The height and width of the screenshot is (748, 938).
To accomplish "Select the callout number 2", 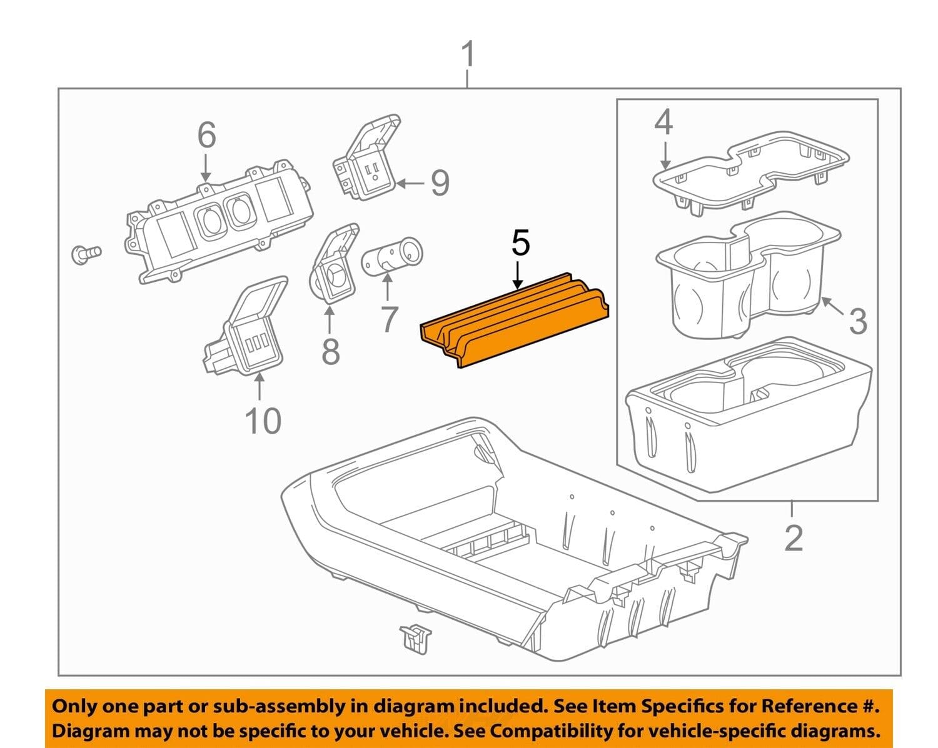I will coord(793,537).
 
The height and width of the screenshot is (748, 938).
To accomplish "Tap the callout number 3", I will coord(858,321).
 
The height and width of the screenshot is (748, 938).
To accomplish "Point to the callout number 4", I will coord(663,123).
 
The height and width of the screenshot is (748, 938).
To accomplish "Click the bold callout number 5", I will coord(520,243).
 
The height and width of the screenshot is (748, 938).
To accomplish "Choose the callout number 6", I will coord(206,136).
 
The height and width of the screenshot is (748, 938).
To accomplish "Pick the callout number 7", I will coord(388,319).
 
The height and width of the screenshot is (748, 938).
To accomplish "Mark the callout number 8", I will coord(330,351).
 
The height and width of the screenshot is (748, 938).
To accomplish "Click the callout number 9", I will coord(440,183).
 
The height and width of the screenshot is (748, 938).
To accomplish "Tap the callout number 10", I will coord(263,421).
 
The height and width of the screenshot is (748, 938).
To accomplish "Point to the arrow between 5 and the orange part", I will coord(517,274).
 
